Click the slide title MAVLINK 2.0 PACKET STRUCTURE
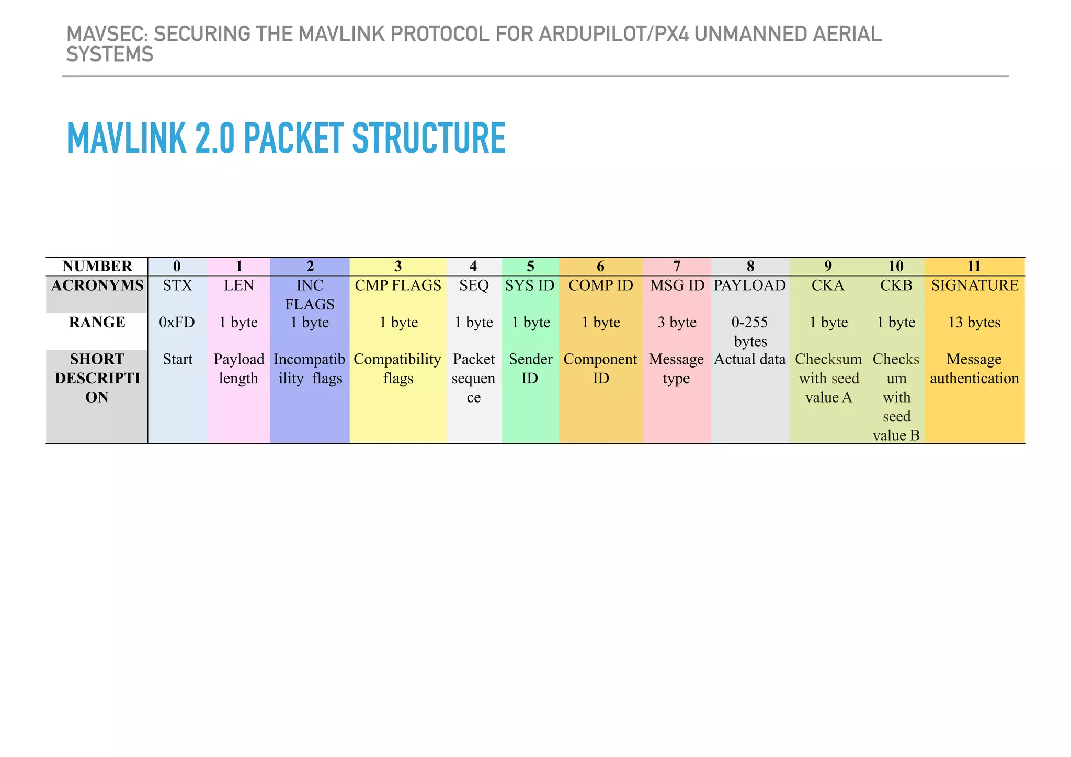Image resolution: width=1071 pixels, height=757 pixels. (x=286, y=138)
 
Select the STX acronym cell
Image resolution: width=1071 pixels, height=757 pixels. (x=177, y=285)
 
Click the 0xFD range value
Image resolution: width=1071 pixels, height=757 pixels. (x=177, y=322)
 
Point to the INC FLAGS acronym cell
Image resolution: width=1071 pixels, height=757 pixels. (x=310, y=294)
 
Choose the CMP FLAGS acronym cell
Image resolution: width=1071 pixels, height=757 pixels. (x=398, y=285)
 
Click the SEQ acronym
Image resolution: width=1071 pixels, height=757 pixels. (x=473, y=285)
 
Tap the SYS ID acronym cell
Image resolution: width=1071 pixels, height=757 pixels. (x=530, y=285)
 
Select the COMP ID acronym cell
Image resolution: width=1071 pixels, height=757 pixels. (x=600, y=285)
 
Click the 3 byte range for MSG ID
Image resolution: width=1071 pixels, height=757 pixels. (x=677, y=322)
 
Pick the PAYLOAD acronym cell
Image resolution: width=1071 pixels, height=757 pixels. (x=750, y=285)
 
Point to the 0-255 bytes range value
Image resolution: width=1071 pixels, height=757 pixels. (x=750, y=331)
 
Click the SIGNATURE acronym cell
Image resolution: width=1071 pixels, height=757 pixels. (x=974, y=285)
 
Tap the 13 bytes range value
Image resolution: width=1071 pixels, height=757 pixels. (x=974, y=322)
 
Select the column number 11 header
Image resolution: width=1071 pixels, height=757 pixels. (x=974, y=266)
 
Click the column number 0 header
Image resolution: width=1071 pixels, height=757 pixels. (x=177, y=266)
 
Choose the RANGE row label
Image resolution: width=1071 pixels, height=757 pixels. (x=97, y=322)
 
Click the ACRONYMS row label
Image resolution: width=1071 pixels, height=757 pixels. (x=97, y=285)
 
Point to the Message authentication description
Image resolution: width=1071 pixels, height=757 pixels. (x=974, y=369)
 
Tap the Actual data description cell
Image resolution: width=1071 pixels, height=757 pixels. (x=750, y=360)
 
